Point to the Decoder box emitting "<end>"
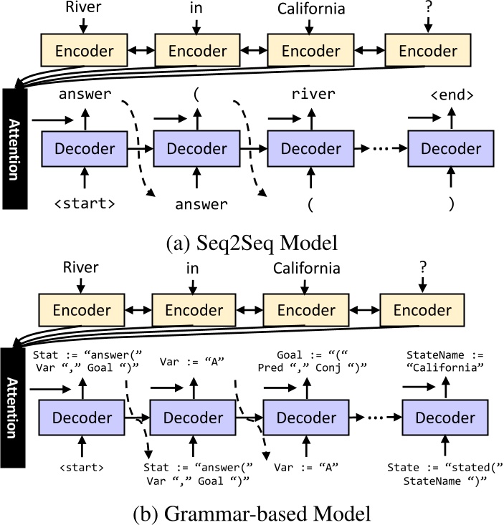(x=450, y=149)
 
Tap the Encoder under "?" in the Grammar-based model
(x=422, y=310)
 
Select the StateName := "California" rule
(x=445, y=361)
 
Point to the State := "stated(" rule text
(x=445, y=473)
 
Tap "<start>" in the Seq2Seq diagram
(x=85, y=203)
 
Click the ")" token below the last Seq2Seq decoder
(x=451, y=203)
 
